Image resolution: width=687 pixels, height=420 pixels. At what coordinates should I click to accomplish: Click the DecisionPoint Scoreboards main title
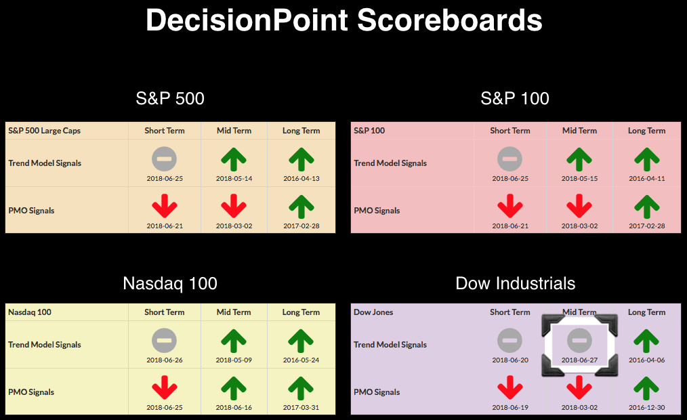point(344,20)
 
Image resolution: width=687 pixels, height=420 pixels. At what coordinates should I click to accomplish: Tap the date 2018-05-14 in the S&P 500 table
point(234,179)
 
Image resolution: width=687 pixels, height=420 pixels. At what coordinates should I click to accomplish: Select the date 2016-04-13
point(301,179)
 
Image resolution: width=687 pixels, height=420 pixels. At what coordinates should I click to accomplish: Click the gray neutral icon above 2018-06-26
point(165,340)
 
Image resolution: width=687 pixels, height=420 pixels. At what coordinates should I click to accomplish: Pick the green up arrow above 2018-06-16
point(234,388)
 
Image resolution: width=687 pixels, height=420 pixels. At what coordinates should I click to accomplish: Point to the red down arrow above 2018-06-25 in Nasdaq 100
point(165,387)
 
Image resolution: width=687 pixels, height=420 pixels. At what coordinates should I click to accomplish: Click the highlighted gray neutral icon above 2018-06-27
point(579,340)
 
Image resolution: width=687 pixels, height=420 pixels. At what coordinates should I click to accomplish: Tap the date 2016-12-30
point(647,408)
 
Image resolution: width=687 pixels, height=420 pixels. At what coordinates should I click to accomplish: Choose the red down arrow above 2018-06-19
point(510,387)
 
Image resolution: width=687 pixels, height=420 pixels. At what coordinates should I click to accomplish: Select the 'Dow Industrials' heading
point(515,283)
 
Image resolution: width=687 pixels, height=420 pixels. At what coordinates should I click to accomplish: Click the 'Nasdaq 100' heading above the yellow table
point(170,283)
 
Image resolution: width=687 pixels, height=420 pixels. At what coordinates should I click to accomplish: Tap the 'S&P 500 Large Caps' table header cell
point(44,131)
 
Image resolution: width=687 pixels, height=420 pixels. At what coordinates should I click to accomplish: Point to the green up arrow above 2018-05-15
point(579,159)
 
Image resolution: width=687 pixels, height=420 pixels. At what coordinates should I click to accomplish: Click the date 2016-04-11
point(647,179)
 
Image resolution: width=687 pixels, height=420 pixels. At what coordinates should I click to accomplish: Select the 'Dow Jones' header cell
point(373,312)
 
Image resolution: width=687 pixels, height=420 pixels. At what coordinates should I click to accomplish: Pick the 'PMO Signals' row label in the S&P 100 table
point(377,211)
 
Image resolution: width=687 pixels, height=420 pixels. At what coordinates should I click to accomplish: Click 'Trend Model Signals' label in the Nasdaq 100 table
point(44,345)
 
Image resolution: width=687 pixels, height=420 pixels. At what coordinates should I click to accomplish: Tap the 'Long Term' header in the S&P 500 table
point(301,131)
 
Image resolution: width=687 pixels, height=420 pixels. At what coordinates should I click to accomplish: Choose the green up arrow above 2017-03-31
point(301,388)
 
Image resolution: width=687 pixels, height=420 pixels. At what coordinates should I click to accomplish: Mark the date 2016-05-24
point(301,360)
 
